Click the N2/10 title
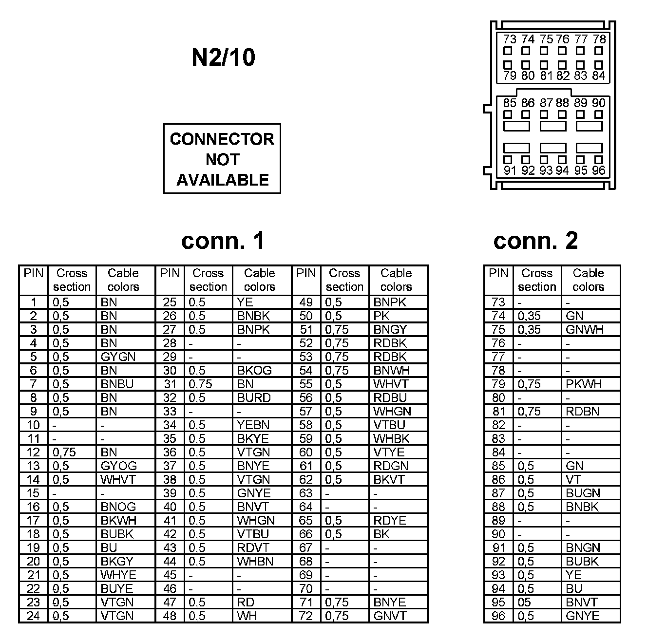(x=223, y=57)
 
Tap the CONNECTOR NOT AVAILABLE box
(x=222, y=159)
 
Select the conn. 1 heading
(x=223, y=241)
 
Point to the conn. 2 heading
(x=535, y=241)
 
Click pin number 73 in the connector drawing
(x=510, y=39)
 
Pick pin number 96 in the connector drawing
(x=598, y=170)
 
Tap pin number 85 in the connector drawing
(x=510, y=103)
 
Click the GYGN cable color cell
(x=118, y=357)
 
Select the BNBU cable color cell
(x=117, y=384)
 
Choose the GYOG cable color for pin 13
(x=118, y=466)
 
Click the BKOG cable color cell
(x=254, y=371)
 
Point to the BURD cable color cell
(x=253, y=398)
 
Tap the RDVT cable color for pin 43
(x=253, y=548)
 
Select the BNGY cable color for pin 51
(x=390, y=330)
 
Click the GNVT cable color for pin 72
(x=390, y=616)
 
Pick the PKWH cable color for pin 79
(x=584, y=384)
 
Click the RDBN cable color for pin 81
(x=582, y=412)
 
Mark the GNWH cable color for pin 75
(x=585, y=330)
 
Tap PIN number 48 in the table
(x=170, y=616)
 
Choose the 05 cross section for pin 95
(x=524, y=603)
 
